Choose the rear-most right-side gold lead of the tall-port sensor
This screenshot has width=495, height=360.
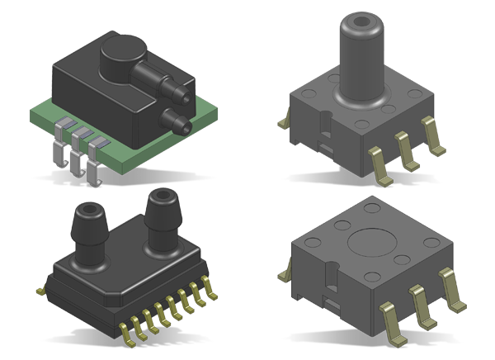click(431, 133)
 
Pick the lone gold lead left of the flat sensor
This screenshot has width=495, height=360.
click(286, 272)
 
